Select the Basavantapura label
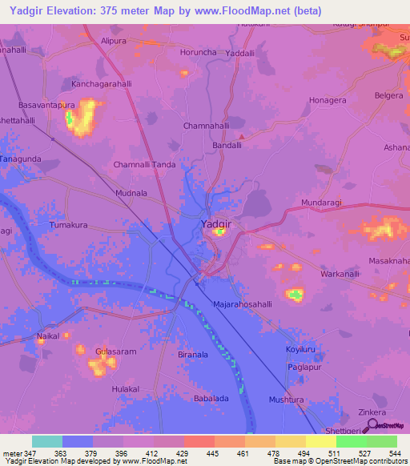(x=46, y=105)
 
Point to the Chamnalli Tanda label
(x=145, y=165)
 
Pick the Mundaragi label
(x=320, y=203)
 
